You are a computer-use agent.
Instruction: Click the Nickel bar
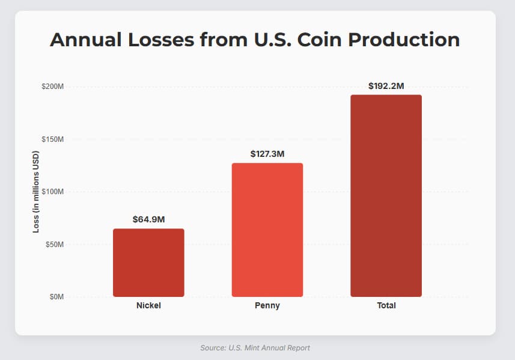click(148, 263)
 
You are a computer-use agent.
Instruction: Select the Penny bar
click(267, 230)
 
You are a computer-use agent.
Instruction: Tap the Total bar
click(386, 195)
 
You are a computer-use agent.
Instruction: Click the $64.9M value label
click(148, 219)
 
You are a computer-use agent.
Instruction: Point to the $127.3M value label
click(267, 154)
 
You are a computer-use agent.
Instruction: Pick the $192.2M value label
click(386, 86)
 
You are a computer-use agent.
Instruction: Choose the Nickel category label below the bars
click(148, 306)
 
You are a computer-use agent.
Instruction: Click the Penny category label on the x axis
click(267, 306)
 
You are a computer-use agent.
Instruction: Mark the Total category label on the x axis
click(386, 306)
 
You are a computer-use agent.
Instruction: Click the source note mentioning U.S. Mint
click(255, 348)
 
